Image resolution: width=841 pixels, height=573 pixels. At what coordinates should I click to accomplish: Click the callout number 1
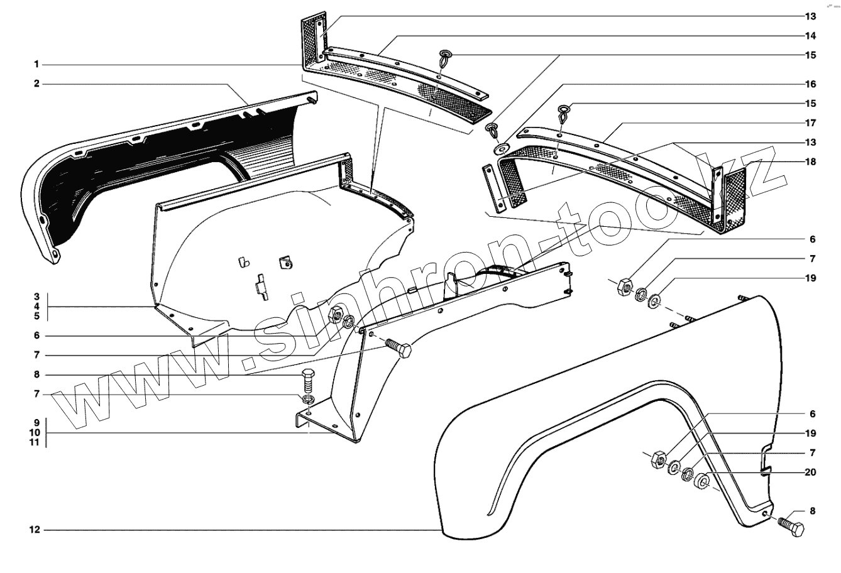pos(37,65)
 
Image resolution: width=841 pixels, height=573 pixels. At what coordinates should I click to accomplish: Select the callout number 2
pos(37,84)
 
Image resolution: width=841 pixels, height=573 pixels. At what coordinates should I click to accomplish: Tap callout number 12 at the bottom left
pos(35,530)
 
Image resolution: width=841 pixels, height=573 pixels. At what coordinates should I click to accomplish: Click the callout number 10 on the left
pos(35,433)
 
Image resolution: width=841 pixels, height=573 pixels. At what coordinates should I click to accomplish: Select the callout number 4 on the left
pos(37,307)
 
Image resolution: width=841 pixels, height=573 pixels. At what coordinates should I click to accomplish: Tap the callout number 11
pos(35,442)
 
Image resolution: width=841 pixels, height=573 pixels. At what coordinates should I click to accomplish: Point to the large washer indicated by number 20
pos(701,483)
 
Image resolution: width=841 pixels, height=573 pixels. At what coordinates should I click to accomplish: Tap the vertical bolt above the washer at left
pos(307,380)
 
